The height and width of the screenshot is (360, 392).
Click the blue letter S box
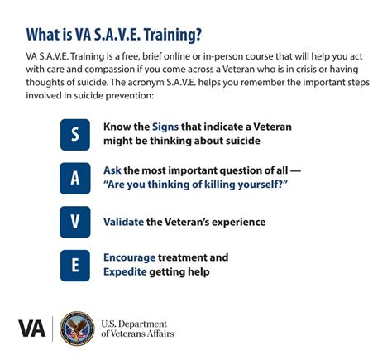click(x=75, y=134)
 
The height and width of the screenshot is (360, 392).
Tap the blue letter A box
click(x=75, y=178)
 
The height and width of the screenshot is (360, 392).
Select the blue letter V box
click(x=75, y=222)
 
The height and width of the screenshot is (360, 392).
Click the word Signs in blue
click(x=165, y=127)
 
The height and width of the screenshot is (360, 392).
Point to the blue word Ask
click(x=112, y=170)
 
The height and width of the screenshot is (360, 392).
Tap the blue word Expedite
click(x=126, y=271)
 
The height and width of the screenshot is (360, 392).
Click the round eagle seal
click(x=77, y=329)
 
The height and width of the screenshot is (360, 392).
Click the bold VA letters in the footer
click(x=32, y=329)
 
